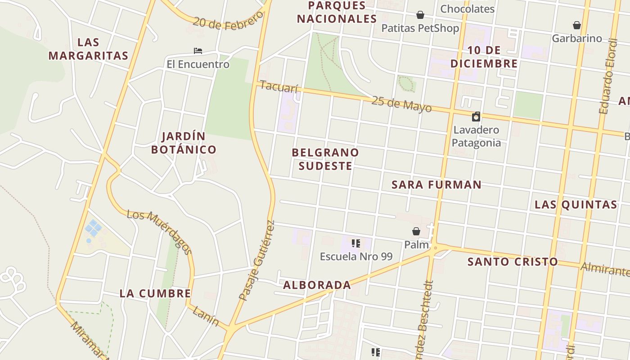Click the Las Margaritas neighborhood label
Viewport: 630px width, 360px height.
(x=88, y=49)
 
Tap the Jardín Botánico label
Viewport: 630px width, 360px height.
(x=184, y=143)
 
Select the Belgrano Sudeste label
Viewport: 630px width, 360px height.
(x=325, y=159)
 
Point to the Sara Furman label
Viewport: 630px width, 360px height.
(x=436, y=184)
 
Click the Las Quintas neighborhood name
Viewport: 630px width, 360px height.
(x=576, y=205)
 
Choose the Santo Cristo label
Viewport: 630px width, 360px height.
(x=513, y=262)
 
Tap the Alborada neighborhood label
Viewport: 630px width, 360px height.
(x=317, y=285)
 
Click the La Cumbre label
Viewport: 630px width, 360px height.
(x=155, y=294)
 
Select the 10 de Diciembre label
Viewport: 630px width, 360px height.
(x=484, y=57)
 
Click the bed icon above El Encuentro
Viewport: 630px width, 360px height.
(x=198, y=51)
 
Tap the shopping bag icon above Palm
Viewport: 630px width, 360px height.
(x=416, y=231)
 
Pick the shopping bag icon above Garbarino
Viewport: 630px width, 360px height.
(x=577, y=25)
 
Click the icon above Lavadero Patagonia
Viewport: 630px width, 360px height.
(x=476, y=117)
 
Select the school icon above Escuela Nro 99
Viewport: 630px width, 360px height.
(x=356, y=244)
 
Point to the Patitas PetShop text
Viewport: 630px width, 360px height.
(x=420, y=28)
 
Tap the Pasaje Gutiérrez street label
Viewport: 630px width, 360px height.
(x=256, y=261)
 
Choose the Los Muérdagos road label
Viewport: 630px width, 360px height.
(x=159, y=231)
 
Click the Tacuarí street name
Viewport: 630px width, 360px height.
(x=279, y=87)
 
